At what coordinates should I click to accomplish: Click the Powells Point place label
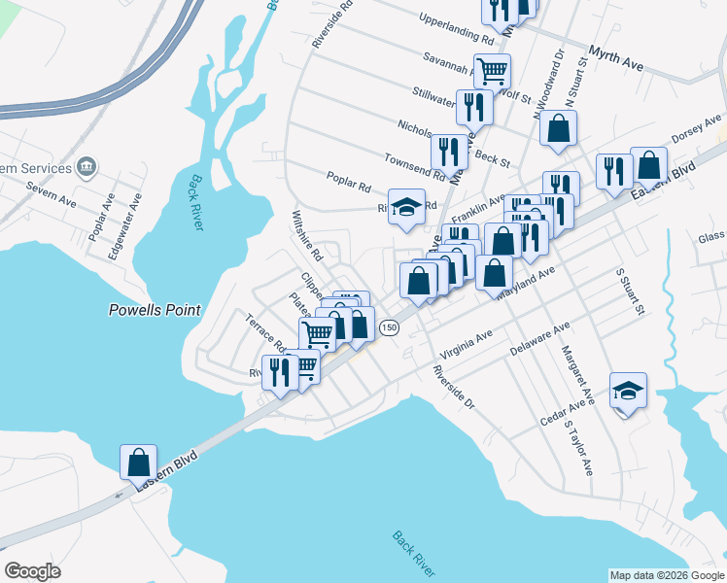tap(154, 310)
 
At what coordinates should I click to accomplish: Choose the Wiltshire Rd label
tap(308, 236)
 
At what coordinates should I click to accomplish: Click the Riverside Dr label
tap(453, 388)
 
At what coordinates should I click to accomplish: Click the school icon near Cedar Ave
tap(628, 392)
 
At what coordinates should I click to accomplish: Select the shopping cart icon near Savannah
tap(493, 70)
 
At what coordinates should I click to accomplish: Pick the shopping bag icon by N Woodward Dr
tap(559, 128)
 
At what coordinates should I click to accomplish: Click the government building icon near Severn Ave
tap(87, 168)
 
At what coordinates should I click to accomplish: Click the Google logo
tap(32, 571)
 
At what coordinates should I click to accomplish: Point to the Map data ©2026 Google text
tap(666, 575)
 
